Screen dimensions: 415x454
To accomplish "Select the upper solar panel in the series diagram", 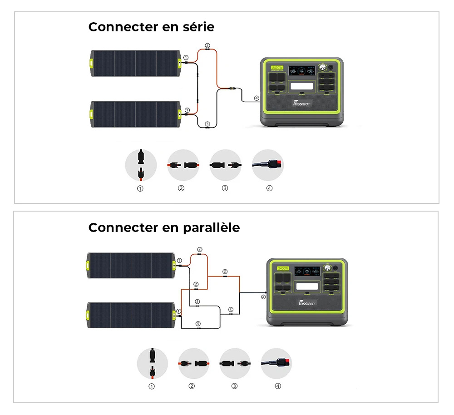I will tap(136, 63).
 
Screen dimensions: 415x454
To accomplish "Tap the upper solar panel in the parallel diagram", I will tap(131, 265).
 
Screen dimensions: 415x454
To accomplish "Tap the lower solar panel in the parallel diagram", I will tap(131, 315).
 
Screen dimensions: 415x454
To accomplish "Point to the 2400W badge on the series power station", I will tap(276, 68).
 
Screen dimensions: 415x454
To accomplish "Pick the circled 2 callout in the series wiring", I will tap(207, 45).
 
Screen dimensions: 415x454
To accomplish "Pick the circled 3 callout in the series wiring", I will tap(207, 124).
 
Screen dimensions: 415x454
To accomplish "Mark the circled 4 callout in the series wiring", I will tap(257, 98).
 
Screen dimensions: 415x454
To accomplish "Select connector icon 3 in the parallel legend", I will tap(235, 364).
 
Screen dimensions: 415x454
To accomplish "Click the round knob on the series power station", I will tap(323, 67).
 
